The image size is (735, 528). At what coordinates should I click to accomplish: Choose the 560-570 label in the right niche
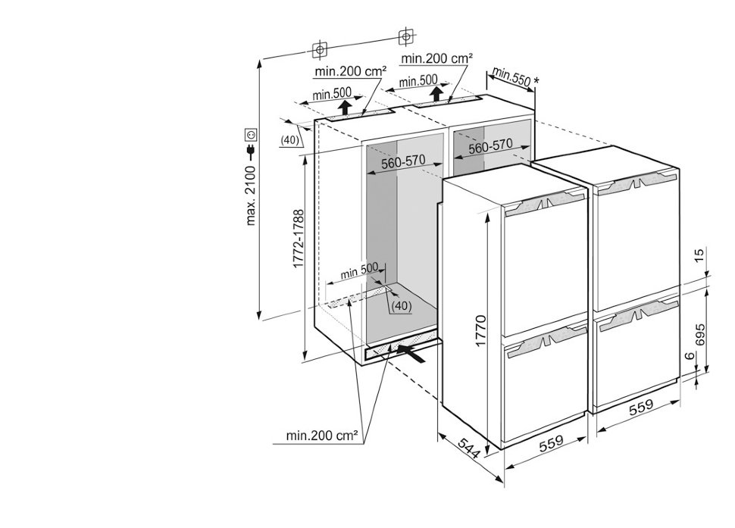490,147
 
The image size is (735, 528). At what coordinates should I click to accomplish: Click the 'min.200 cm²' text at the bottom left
321,436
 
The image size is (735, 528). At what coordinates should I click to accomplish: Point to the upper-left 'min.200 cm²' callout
347,71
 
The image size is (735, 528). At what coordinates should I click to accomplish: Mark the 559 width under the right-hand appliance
641,408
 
